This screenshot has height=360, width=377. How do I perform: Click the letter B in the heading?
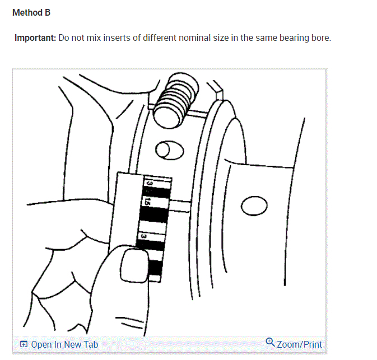tap(48, 12)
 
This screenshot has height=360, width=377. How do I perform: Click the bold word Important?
tap(34, 39)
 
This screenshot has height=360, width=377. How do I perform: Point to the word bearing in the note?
tap(292, 39)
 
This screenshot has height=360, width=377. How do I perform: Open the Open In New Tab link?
tap(64, 344)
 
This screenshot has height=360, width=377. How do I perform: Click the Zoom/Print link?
tap(299, 344)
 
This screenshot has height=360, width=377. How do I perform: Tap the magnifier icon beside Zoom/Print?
tap(270, 343)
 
